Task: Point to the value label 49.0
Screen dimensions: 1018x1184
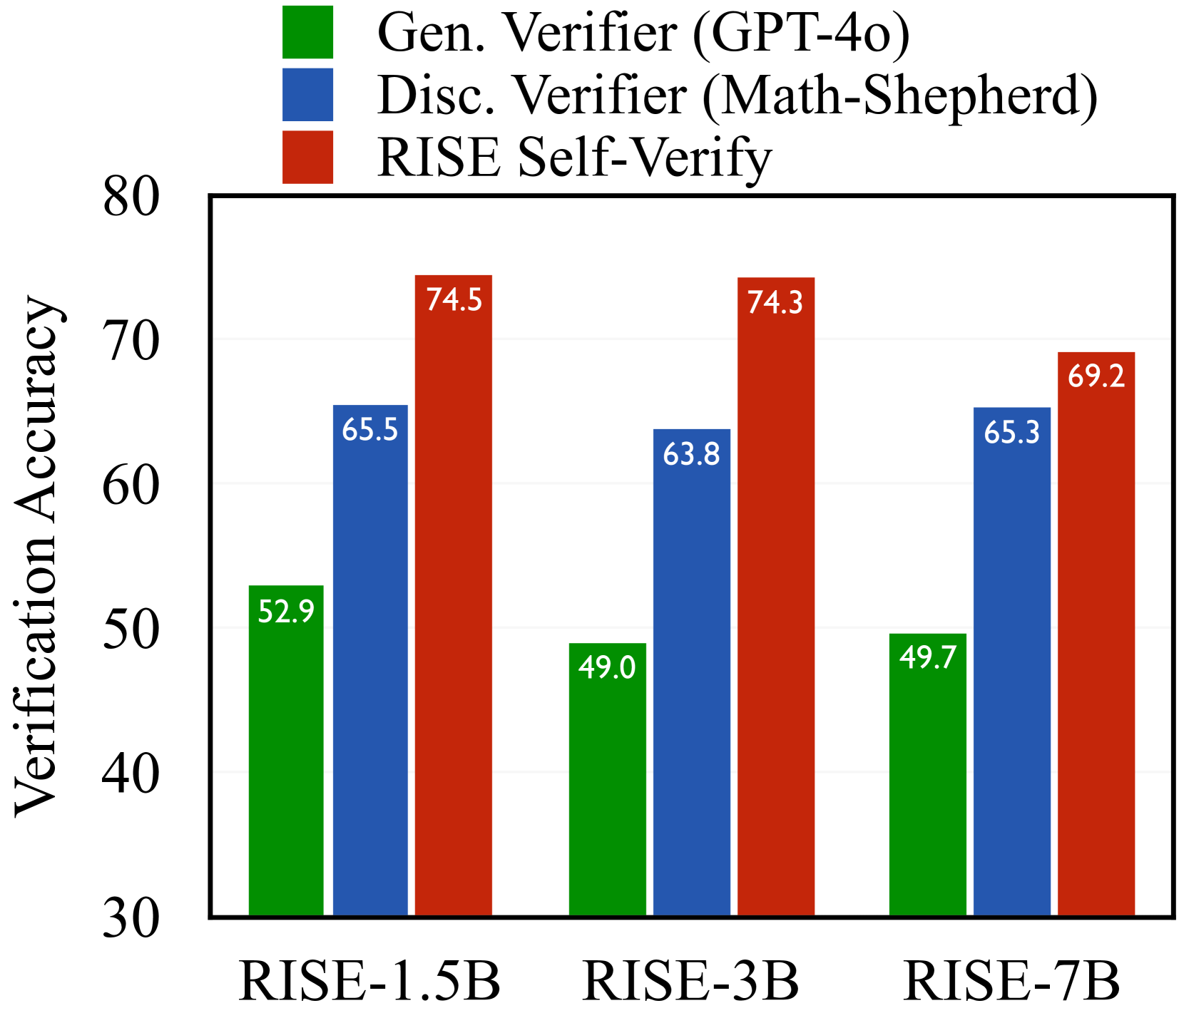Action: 607,668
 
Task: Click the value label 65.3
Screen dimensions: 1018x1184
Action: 1011,433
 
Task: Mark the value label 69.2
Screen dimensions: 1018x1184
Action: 1096,376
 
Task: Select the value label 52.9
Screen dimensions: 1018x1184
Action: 286,612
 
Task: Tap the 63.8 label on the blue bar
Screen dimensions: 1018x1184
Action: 691,454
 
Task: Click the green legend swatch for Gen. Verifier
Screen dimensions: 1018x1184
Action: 307,32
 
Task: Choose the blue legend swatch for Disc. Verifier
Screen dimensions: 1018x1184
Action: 307,95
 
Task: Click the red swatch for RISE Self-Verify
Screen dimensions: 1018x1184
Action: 307,157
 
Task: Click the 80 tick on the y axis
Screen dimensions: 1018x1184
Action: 131,197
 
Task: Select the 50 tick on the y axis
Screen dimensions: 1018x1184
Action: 131,629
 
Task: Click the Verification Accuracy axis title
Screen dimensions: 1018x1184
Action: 37,556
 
